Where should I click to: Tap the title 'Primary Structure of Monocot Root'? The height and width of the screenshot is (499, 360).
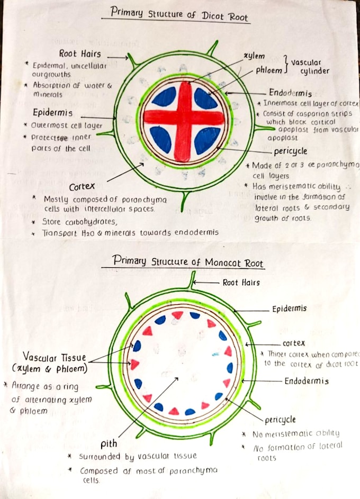coord(188,261)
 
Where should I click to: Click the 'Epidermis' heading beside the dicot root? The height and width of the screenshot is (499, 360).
coord(52,113)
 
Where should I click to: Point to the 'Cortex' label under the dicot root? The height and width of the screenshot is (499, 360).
coord(82,187)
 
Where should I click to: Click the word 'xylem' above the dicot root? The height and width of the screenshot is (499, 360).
coord(254,56)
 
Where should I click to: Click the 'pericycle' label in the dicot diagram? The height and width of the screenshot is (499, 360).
coord(291,152)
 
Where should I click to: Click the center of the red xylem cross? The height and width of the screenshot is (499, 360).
coord(183,118)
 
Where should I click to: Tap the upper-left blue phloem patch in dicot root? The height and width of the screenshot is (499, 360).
coord(164,97)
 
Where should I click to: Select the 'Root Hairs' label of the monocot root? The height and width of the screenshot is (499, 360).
coord(241,283)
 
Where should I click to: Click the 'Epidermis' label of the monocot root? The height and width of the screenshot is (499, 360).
coord(289,309)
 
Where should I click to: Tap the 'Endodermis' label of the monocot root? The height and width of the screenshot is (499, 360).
coord(307,381)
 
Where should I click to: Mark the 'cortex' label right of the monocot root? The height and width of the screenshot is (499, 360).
coord(293,343)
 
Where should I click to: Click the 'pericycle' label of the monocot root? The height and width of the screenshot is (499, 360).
coord(281,420)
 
